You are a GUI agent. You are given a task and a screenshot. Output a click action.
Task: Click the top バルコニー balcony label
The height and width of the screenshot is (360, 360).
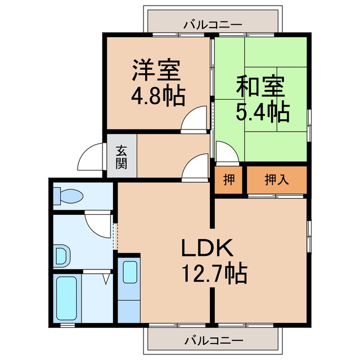[x=213, y=25]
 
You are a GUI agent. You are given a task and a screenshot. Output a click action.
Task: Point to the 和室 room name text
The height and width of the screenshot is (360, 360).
[x=260, y=88]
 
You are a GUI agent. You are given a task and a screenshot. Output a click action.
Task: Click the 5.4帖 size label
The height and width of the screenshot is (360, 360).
[x=262, y=112]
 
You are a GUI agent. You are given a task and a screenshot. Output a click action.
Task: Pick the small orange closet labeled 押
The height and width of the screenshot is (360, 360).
[x=228, y=181]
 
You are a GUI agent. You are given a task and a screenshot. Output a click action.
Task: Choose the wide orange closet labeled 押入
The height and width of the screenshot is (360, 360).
[x=277, y=181]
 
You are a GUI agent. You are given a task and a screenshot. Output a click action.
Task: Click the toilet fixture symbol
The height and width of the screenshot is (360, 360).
[x=67, y=196]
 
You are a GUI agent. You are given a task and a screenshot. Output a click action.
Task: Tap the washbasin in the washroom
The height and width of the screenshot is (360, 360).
[x=62, y=256]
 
